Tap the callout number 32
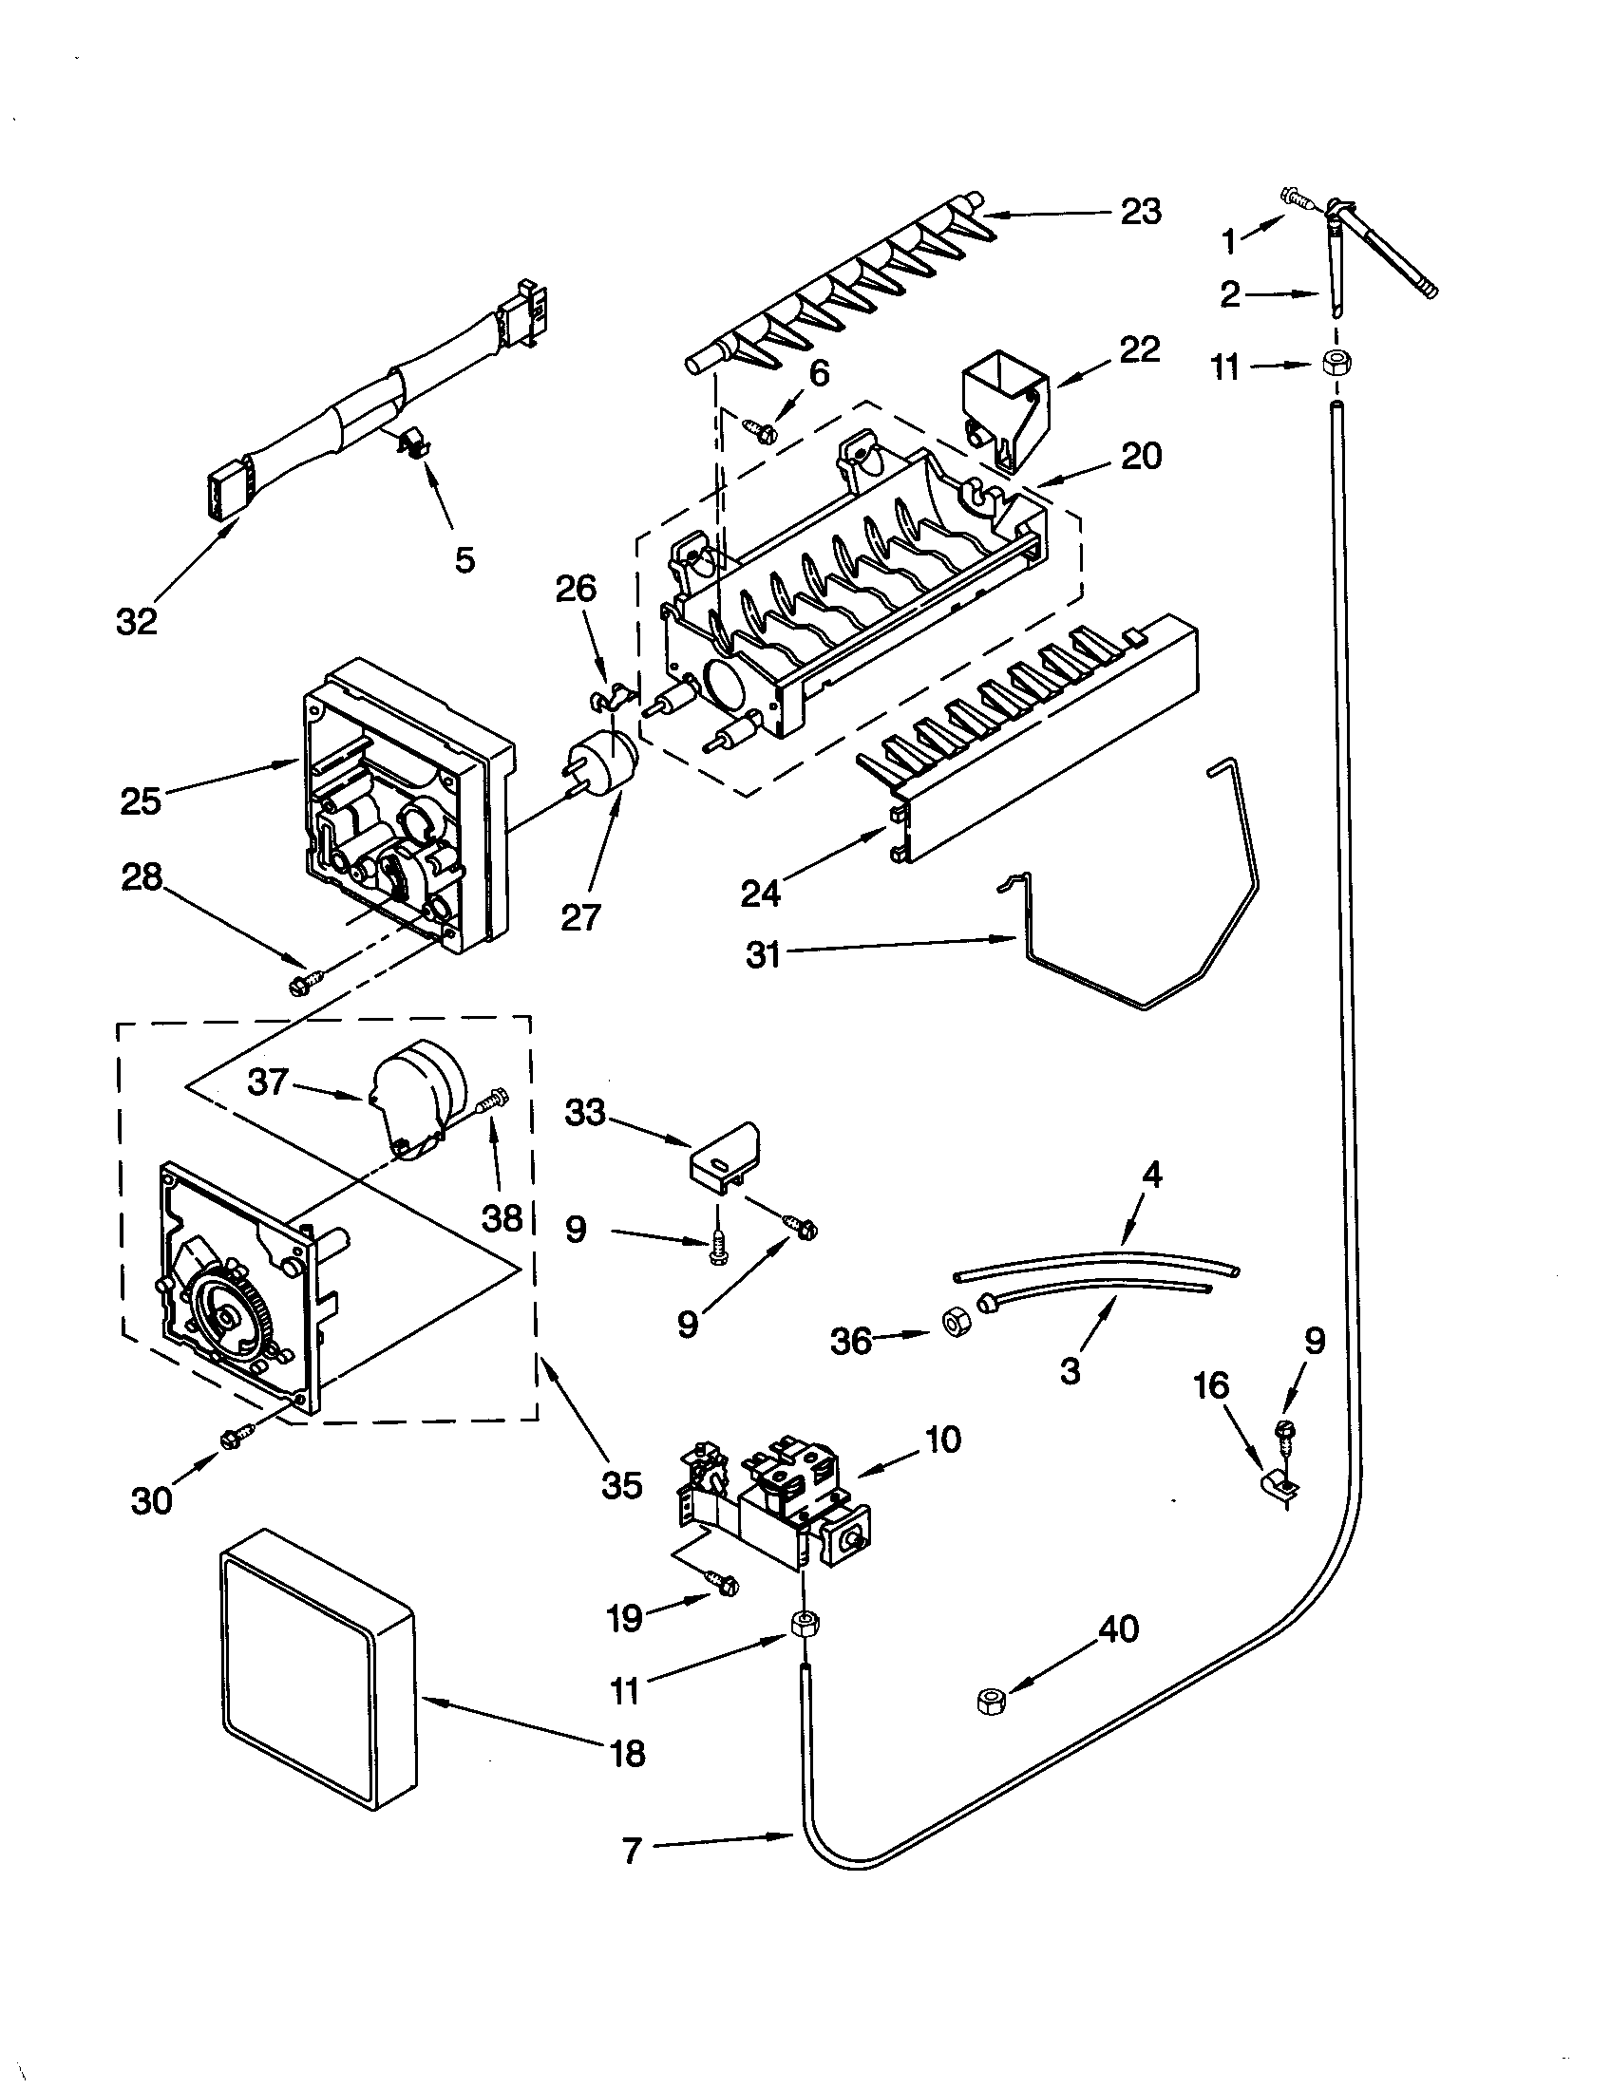pyautogui.click(x=136, y=622)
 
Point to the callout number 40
pyautogui.click(x=1118, y=1628)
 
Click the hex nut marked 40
pyautogui.click(x=991, y=1700)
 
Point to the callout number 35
pyautogui.click(x=621, y=1485)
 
